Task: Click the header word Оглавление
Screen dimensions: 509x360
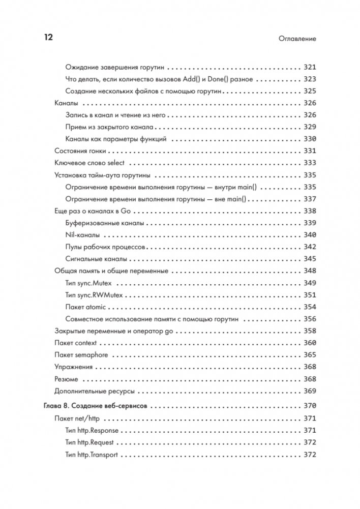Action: tap(297, 39)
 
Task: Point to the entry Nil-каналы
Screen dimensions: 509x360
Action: tap(82, 235)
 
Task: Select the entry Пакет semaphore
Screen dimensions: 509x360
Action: tap(81, 355)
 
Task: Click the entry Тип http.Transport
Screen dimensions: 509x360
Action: tap(92, 455)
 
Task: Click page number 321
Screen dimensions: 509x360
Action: tap(309, 67)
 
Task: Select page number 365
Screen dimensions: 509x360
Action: tap(309, 355)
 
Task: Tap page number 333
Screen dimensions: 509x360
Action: tap(309, 163)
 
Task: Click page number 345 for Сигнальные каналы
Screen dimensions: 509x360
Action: tap(309, 259)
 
